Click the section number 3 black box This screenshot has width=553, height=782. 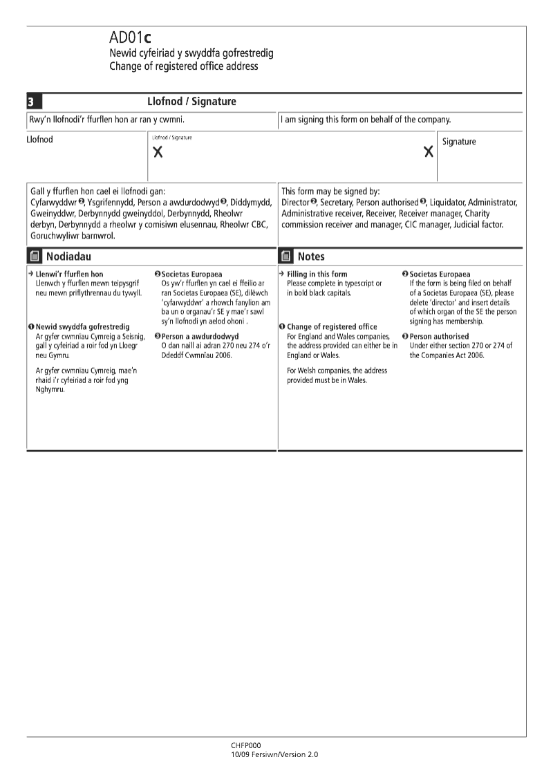click(x=31, y=102)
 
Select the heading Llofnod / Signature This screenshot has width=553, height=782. click(x=191, y=102)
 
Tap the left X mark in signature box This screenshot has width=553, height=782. click(x=158, y=153)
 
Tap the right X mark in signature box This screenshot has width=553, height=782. click(x=429, y=152)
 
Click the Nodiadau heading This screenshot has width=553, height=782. click(x=68, y=257)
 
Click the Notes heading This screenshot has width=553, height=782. click(x=311, y=257)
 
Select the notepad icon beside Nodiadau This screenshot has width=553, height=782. click(x=35, y=257)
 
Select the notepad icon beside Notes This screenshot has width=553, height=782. click(x=286, y=257)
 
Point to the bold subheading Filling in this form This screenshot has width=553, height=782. click(x=317, y=274)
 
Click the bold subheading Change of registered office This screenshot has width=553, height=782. click(x=332, y=327)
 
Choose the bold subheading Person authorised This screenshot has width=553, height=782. click(x=439, y=337)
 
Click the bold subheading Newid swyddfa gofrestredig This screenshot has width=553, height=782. click(x=82, y=326)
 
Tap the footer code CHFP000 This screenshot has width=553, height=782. click(x=246, y=746)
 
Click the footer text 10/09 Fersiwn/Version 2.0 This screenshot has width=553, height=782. click(x=274, y=754)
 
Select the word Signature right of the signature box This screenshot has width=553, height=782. click(x=459, y=142)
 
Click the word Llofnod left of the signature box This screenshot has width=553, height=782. click(x=39, y=140)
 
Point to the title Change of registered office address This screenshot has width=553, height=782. click(x=183, y=66)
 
